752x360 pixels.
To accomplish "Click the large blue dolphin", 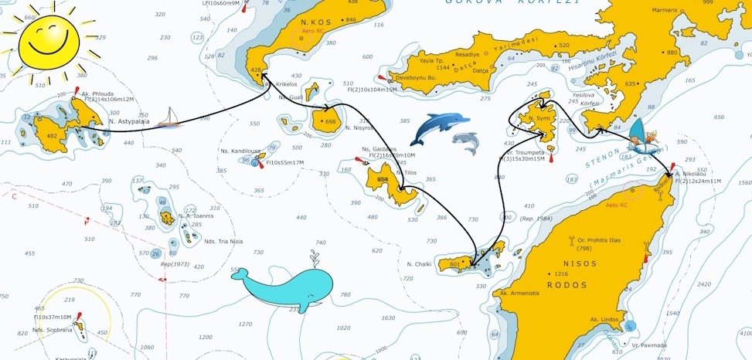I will click(438, 126).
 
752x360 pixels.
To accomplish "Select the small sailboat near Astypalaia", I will click(168, 119).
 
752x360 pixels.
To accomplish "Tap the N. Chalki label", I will click(419, 264).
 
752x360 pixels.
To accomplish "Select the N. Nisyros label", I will click(359, 127).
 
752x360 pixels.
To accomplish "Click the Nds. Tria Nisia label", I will click(223, 241).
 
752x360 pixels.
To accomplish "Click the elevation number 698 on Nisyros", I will click(330, 122).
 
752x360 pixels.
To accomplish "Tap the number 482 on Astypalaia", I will click(52, 136).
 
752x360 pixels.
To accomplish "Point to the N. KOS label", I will click(316, 22).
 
